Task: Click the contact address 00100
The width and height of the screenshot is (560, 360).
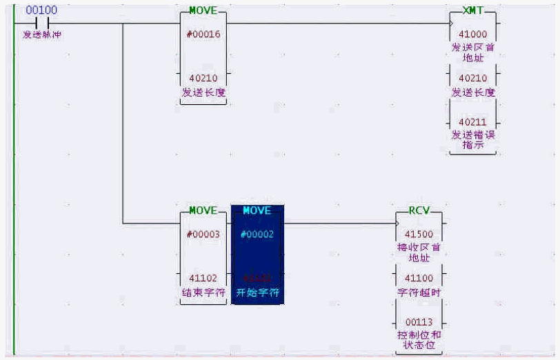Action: pyautogui.click(x=41, y=10)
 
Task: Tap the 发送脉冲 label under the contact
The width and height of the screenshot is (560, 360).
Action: pyautogui.click(x=41, y=34)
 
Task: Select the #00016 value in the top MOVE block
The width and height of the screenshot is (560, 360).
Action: pyautogui.click(x=203, y=34)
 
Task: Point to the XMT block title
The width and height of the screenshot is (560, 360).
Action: pyautogui.click(x=473, y=12)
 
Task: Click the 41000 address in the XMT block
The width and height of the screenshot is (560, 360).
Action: pyautogui.click(x=473, y=34)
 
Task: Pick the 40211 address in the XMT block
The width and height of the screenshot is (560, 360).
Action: pyautogui.click(x=473, y=122)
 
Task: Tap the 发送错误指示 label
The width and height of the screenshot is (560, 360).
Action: pyautogui.click(x=473, y=139)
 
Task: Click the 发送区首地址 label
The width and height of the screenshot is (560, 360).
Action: pyautogui.click(x=473, y=52)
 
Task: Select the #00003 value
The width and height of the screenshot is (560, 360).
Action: pyautogui.click(x=203, y=234)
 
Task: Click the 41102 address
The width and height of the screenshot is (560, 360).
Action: pyautogui.click(x=203, y=278)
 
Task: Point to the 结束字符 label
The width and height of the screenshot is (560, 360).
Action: pyautogui.click(x=203, y=292)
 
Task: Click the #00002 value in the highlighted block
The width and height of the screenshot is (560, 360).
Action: pyautogui.click(x=257, y=234)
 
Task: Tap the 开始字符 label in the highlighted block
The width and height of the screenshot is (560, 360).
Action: pyautogui.click(x=257, y=292)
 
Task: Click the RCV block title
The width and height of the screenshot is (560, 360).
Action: pyautogui.click(x=419, y=211)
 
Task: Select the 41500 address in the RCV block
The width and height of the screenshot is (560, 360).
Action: pyautogui.click(x=419, y=234)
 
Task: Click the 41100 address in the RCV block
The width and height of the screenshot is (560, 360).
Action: pyautogui.click(x=419, y=278)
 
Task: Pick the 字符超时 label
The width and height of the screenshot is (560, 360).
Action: pyautogui.click(x=419, y=292)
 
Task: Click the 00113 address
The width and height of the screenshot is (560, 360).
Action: pyautogui.click(x=419, y=322)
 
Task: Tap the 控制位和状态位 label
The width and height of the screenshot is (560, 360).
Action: pyautogui.click(x=419, y=339)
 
